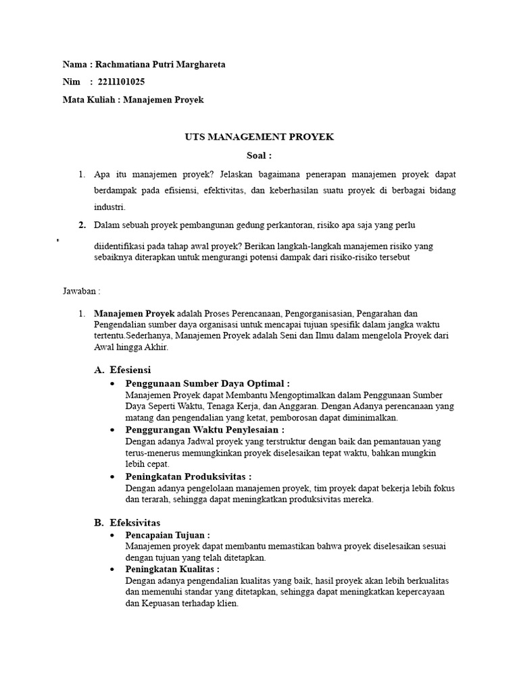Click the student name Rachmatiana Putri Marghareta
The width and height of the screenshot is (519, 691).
pyautogui.click(x=160, y=65)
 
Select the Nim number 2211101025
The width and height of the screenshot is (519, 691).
pyautogui.click(x=121, y=82)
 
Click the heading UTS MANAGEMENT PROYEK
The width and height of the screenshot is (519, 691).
pyautogui.click(x=259, y=137)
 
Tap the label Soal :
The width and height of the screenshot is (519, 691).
pyautogui.click(x=259, y=155)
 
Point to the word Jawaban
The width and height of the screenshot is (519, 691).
pyautogui.click(x=80, y=291)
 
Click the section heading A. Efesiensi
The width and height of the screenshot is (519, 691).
pyautogui.click(x=122, y=370)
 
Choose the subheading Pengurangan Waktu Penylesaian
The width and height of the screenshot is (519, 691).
pyautogui.click(x=205, y=430)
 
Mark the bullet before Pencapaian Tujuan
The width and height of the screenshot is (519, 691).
pyautogui.click(x=112, y=535)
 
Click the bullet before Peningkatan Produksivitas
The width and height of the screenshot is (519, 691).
pyautogui.click(x=112, y=477)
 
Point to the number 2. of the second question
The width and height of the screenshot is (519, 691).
pyautogui.click(x=82, y=225)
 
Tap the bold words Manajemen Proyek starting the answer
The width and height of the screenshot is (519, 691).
pyautogui.click(x=134, y=314)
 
